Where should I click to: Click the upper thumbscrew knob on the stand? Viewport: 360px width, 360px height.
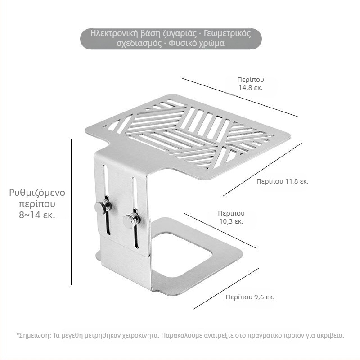click(x=103, y=207)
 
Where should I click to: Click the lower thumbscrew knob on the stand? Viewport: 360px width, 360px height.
click(x=131, y=221)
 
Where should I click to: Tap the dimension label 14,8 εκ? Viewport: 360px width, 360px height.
click(x=251, y=88)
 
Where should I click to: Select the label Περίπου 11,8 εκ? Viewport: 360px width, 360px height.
click(x=283, y=181)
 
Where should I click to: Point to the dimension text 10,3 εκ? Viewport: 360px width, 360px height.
click(x=231, y=221)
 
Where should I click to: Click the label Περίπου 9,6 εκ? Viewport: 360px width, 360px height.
click(x=250, y=297)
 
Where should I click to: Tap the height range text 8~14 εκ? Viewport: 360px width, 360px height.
click(x=37, y=215)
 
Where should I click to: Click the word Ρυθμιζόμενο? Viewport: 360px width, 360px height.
click(x=37, y=193)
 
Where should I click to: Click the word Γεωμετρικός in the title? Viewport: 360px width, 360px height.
click(x=227, y=33)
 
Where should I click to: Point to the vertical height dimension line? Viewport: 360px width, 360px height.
click(x=72, y=212)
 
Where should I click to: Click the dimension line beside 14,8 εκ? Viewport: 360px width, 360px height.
click(x=240, y=98)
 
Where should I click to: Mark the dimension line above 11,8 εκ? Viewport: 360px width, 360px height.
click(x=262, y=170)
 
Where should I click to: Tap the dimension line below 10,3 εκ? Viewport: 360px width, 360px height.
click(x=220, y=231)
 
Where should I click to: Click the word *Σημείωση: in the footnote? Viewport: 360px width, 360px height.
click(x=34, y=335)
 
